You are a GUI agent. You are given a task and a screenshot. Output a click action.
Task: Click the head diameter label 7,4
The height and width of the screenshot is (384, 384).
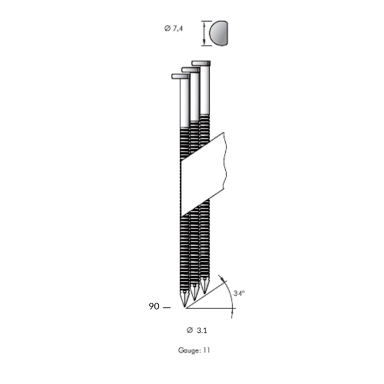coord(178,29)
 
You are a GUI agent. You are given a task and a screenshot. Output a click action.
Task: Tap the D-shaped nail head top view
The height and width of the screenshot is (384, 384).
coord(218,33)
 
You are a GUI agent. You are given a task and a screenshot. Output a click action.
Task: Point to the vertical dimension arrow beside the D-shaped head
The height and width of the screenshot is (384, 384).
coord(204,33)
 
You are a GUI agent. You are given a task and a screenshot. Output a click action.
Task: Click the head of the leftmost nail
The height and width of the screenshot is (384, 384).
coord(180,76)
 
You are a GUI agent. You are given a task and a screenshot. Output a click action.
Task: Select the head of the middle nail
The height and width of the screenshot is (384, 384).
coord(191,70)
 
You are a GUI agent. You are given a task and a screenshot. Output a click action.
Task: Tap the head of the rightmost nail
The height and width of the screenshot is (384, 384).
coord(201,63)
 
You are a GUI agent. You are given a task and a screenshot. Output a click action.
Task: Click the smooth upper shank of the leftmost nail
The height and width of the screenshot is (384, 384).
coord(184,103)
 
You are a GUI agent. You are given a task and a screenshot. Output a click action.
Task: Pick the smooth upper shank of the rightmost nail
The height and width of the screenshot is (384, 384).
coord(205,90)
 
